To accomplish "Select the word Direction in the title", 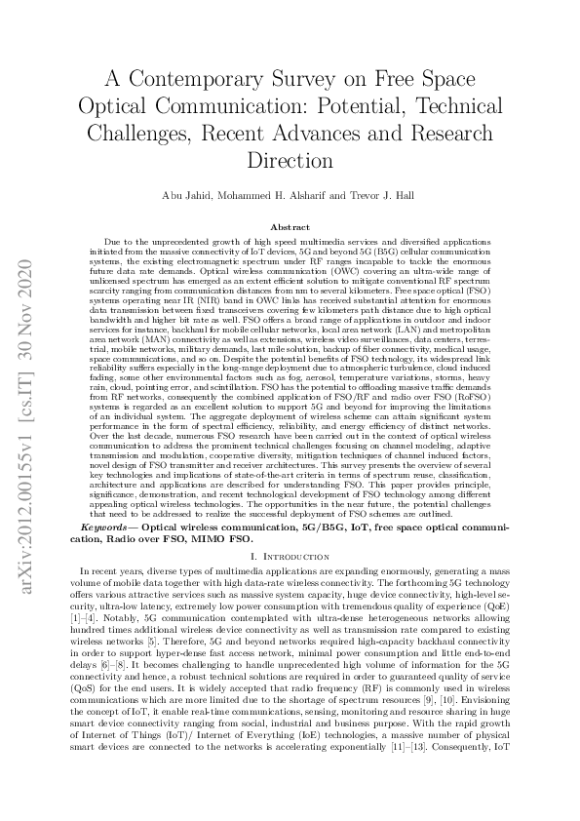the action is (290, 159).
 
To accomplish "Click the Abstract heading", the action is (290, 226).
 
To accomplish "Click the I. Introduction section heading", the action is (290, 555).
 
